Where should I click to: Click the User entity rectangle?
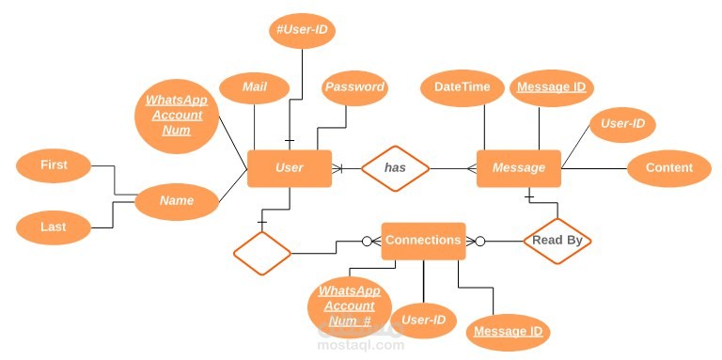tap(289, 168)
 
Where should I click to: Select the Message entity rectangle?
tap(519, 168)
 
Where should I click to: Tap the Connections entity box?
tap(423, 241)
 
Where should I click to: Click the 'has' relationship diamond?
tap(395, 168)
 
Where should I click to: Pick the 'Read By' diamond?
tap(557, 241)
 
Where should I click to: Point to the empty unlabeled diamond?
tap(262, 253)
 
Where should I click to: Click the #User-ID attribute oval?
tap(301, 31)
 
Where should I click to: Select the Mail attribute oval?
tap(254, 87)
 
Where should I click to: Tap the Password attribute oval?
tap(354, 87)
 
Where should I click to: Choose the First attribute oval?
tap(54, 165)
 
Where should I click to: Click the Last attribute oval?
tap(54, 227)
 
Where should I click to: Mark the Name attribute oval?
tap(177, 200)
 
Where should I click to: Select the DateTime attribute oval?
tap(462, 87)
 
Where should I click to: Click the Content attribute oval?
tap(669, 168)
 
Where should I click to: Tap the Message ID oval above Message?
tap(552, 87)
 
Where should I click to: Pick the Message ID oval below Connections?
tap(508, 331)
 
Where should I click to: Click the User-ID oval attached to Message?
tap(621, 123)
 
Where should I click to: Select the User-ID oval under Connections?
tap(423, 321)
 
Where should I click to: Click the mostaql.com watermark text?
tap(360, 345)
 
